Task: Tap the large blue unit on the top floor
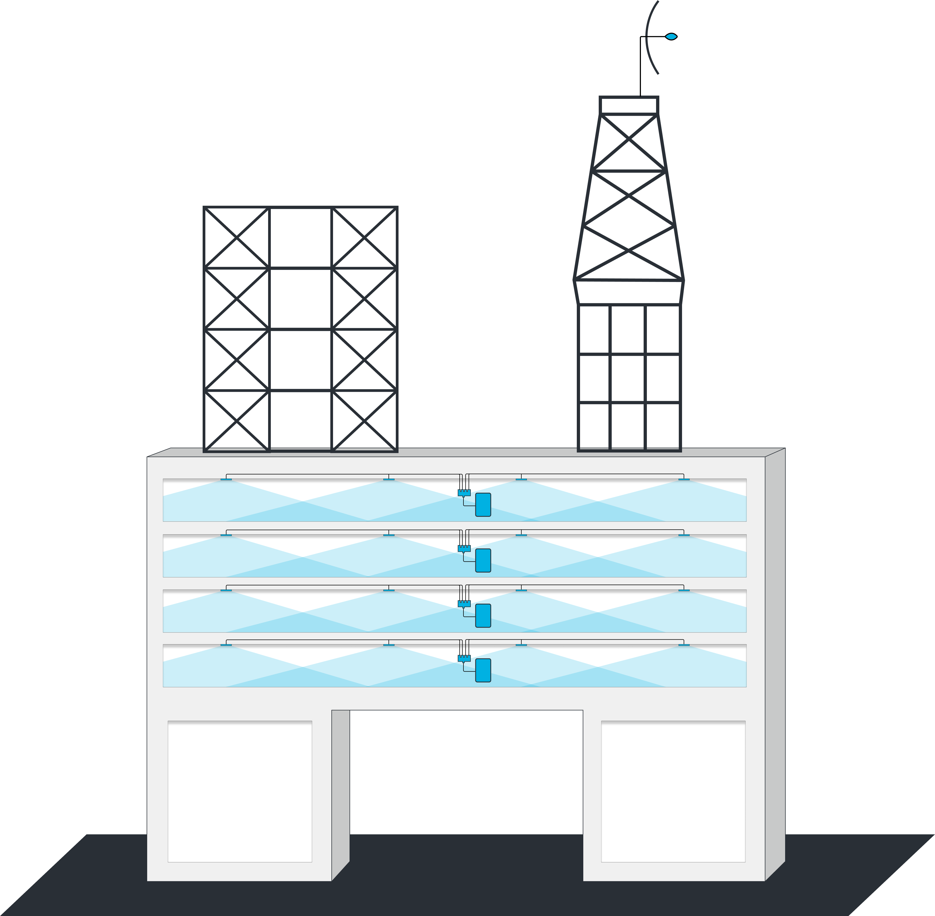(483, 505)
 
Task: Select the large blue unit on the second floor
(483, 560)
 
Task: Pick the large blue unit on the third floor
(483, 616)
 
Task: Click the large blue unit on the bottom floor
(483, 670)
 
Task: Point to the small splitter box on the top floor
(464, 493)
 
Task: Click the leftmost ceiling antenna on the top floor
(226, 480)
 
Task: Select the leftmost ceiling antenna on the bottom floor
(226, 645)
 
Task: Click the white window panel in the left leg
(239, 792)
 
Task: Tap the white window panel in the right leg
(673, 792)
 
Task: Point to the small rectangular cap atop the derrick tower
(629, 105)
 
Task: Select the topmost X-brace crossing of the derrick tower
(629, 142)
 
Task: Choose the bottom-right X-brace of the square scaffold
(364, 421)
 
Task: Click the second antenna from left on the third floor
(389, 590)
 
